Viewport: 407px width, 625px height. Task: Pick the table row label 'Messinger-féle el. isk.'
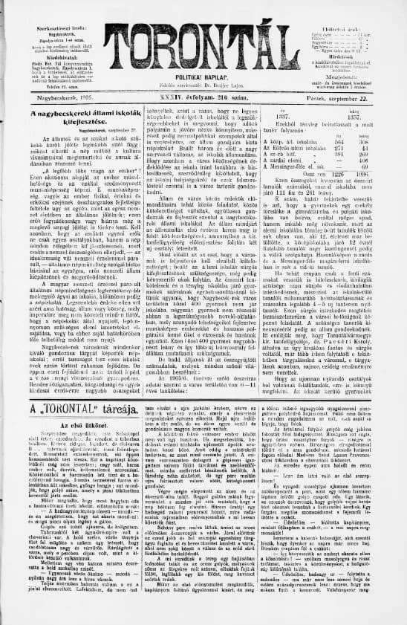(306, 165)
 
